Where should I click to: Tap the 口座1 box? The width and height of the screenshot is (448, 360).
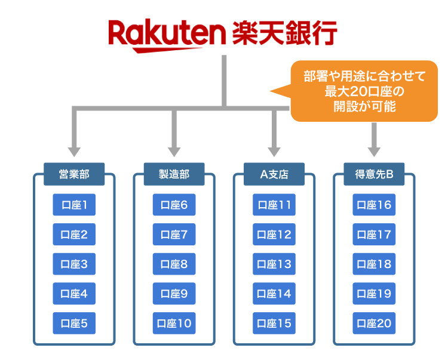click(x=74, y=205)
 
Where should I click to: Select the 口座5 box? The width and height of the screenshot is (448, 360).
click(x=74, y=324)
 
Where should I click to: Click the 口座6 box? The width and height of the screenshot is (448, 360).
click(x=174, y=205)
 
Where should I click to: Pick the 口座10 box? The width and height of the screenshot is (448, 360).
click(x=174, y=324)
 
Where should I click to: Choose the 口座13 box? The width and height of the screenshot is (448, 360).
click(x=274, y=264)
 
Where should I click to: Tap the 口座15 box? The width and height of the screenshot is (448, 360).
click(x=274, y=324)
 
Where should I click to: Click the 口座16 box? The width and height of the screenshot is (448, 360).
click(x=374, y=205)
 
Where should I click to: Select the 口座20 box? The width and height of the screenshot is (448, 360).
click(x=374, y=324)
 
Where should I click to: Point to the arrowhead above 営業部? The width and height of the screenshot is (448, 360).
click(x=74, y=150)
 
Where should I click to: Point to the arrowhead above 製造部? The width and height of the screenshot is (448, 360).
click(x=174, y=150)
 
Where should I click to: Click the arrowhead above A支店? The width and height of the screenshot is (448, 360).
click(x=274, y=150)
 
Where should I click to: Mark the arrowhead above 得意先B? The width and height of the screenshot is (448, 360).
click(x=374, y=150)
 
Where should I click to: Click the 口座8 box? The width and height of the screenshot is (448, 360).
click(x=174, y=264)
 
